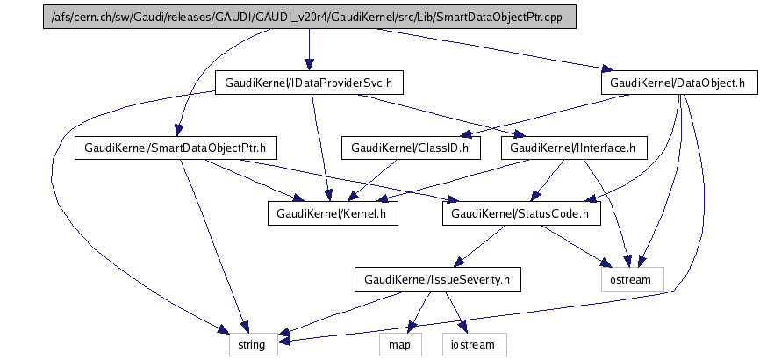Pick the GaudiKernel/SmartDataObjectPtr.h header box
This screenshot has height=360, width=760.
pyautogui.click(x=176, y=148)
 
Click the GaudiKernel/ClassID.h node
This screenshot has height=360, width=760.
pyautogui.click(x=410, y=148)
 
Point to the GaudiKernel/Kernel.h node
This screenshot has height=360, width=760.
pyautogui.click(x=332, y=212)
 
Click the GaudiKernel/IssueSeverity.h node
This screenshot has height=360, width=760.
pyautogui.click(x=438, y=279)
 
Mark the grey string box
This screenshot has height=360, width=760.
pyautogui.click(x=254, y=344)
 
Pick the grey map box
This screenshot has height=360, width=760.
pyautogui.click(x=400, y=344)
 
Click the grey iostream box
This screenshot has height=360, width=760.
pyautogui.click(x=475, y=344)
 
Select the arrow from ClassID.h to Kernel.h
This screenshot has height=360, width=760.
pyautogui.click(x=373, y=179)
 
